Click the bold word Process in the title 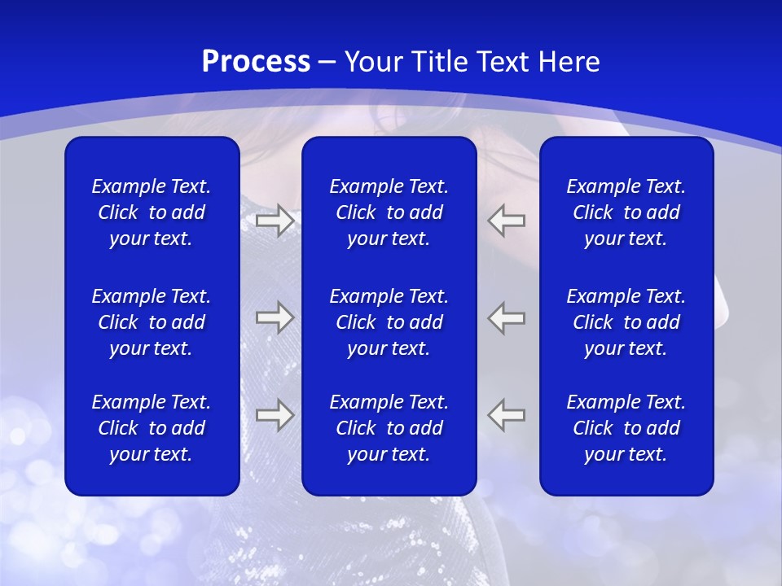pyautogui.click(x=256, y=62)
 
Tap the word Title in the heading pyautogui.click(x=440, y=62)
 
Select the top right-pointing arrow pyautogui.click(x=275, y=220)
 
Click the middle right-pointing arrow pyautogui.click(x=275, y=317)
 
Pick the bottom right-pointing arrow pyautogui.click(x=275, y=415)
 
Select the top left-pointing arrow pyautogui.click(x=506, y=220)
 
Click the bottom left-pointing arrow pyautogui.click(x=506, y=414)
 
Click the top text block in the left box pyautogui.click(x=152, y=212)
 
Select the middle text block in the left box pyautogui.click(x=152, y=322)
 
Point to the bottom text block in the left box pyautogui.click(x=152, y=428)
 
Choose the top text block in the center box pyautogui.click(x=389, y=212)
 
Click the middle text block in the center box pyautogui.click(x=389, y=322)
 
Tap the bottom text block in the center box pyautogui.click(x=389, y=428)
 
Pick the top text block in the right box pyautogui.click(x=626, y=212)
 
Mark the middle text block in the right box pyautogui.click(x=626, y=322)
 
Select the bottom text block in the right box pyautogui.click(x=626, y=428)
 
